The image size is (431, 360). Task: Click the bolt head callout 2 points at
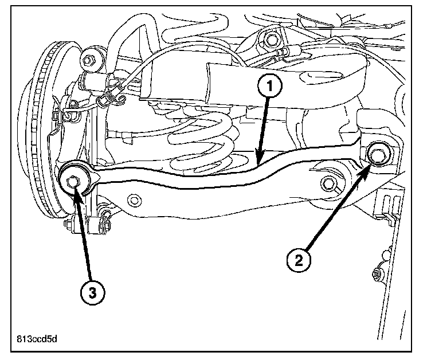coord(377,154)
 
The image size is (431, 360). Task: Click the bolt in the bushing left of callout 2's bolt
coord(329,182)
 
